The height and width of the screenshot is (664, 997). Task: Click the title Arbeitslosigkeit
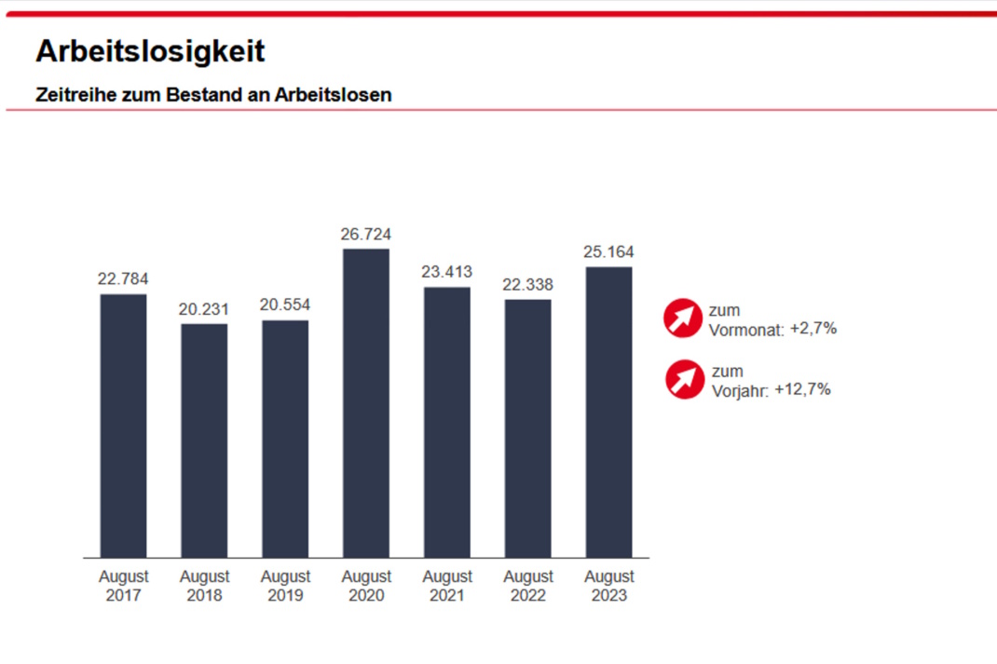(150, 51)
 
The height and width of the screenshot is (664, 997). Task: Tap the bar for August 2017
(123, 426)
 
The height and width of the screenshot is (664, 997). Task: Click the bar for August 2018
(204, 440)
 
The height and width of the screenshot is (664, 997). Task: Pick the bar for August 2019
(285, 439)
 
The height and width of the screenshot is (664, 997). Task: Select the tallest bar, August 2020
(366, 403)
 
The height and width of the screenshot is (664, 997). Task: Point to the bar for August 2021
(447, 422)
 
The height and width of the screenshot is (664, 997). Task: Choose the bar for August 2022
(528, 428)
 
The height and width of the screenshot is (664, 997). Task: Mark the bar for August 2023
(608, 412)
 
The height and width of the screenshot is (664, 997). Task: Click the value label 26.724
(366, 235)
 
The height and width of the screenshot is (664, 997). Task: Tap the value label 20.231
(204, 309)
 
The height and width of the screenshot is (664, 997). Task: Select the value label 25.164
(608, 252)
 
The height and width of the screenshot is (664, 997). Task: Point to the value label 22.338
(528, 285)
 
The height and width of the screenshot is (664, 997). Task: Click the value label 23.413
(447, 272)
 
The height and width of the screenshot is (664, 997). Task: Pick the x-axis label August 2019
(285, 586)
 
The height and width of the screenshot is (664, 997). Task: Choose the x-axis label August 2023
(608, 586)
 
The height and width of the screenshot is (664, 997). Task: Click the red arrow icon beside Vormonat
(683, 318)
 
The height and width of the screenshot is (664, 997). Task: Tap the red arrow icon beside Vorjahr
(685, 379)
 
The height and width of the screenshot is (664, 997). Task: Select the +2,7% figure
(813, 329)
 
